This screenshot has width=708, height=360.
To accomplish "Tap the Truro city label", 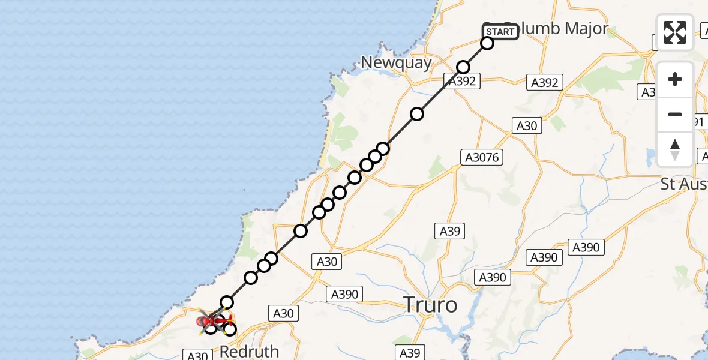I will [430, 305].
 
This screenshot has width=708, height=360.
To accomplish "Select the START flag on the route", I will [500, 32].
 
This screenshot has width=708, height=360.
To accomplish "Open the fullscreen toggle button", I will [674, 32].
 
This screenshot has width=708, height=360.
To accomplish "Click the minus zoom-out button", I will [674, 114].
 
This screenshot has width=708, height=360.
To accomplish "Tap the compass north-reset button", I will [674, 149].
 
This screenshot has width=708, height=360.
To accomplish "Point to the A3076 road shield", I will [481, 157].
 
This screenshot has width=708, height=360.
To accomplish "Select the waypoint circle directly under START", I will [487, 43].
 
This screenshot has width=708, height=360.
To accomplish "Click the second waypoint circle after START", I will [463, 67].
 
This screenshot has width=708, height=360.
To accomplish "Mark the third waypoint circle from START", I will [417, 114].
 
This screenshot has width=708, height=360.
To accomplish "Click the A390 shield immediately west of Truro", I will [344, 294].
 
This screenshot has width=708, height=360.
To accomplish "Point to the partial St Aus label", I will [683, 184].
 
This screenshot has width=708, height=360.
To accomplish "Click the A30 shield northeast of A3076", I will [527, 125].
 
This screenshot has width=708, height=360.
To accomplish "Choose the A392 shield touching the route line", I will [461, 81].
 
